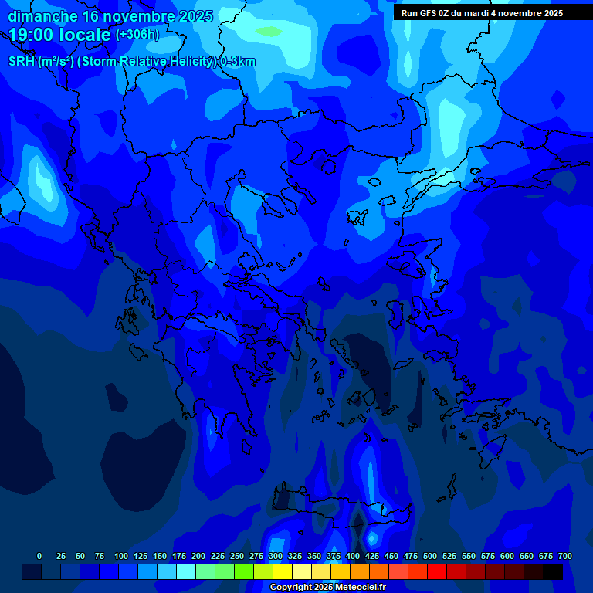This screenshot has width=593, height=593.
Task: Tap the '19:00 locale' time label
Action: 59,35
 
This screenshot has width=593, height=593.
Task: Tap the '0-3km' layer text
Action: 237,62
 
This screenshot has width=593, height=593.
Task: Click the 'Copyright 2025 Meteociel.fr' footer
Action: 327,588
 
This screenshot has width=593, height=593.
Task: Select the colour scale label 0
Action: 39,556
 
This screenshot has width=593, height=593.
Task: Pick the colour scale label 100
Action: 121,556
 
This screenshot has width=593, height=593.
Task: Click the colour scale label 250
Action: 237,556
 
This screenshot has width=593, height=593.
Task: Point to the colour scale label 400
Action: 353,556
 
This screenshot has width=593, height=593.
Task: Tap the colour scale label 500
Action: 430,556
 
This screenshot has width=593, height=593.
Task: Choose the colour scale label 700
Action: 565,556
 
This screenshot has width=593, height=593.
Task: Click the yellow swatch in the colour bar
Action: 283,572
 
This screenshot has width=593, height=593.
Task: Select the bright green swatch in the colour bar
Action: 244,572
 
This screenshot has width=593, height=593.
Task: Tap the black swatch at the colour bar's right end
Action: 553,572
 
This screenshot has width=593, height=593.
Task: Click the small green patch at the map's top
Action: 269,32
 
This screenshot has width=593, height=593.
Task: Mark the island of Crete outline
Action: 340,510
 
